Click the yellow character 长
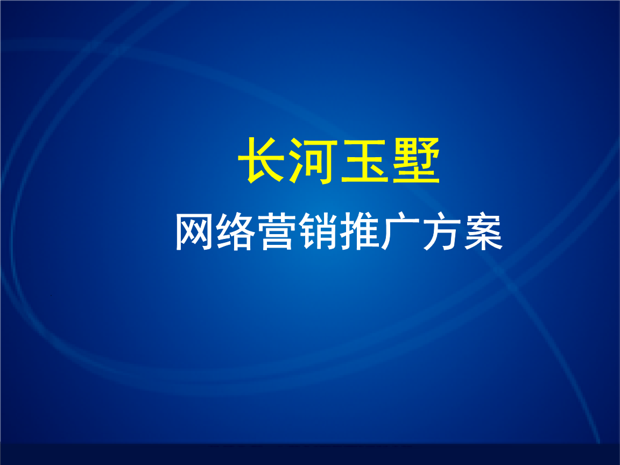(263, 161)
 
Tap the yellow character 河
(314, 161)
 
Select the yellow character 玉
(365, 161)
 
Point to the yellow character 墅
(415, 161)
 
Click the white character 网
(195, 232)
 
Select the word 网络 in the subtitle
(216, 232)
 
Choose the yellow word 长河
(288, 161)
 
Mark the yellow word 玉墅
(390, 161)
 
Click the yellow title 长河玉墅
(339, 161)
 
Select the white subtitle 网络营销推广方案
(339, 232)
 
